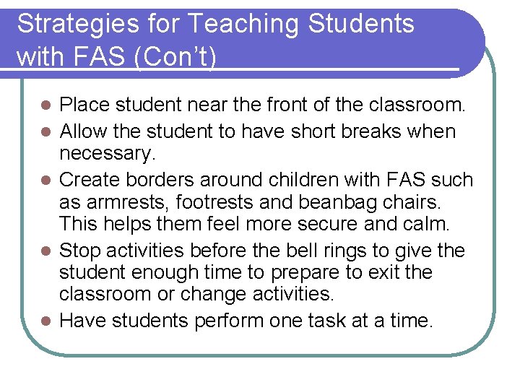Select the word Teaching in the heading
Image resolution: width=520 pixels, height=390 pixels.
pyautogui.click(x=242, y=25)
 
